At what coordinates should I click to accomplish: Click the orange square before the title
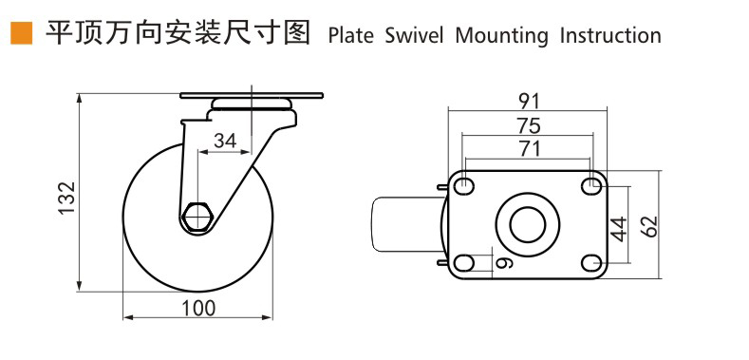[19, 35]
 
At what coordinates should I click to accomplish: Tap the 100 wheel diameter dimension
[198, 308]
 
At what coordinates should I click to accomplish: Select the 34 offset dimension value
[225, 141]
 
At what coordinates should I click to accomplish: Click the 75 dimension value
[528, 123]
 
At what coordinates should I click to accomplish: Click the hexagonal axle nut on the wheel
[197, 218]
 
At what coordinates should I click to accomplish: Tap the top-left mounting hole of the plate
[465, 185]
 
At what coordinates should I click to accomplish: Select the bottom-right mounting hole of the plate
[590, 263]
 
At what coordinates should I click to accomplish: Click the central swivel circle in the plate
[528, 224]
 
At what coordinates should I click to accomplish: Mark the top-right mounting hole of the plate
[590, 185]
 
